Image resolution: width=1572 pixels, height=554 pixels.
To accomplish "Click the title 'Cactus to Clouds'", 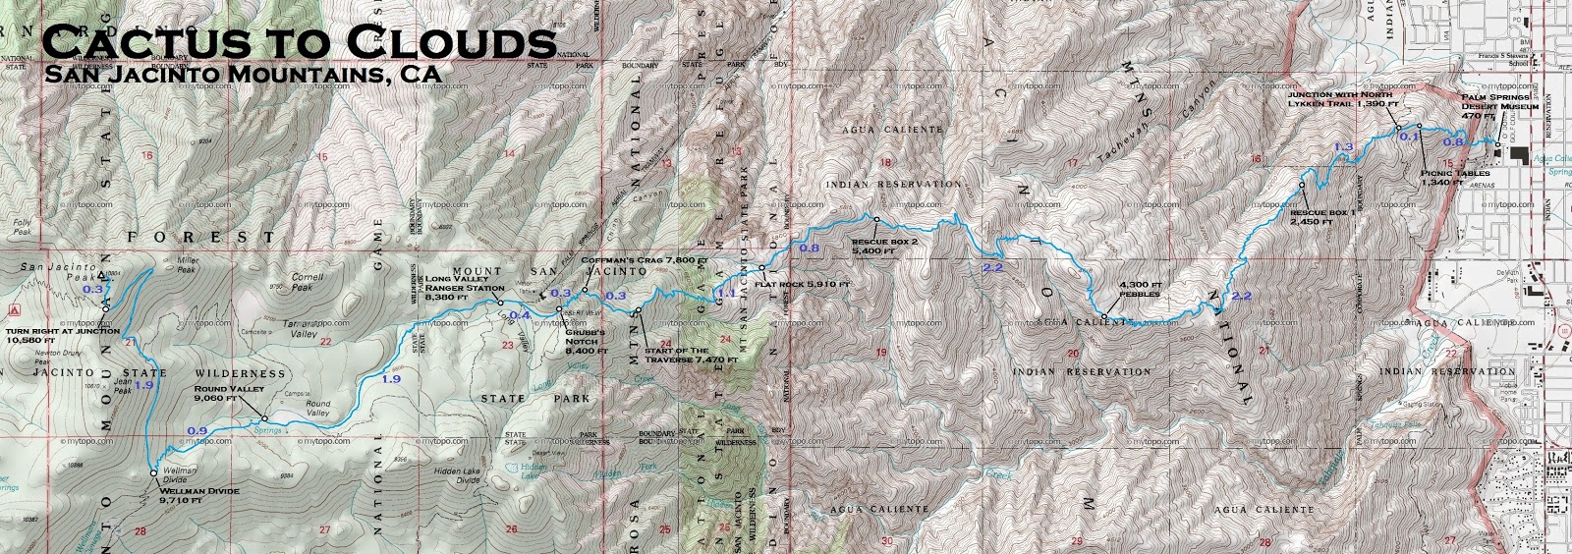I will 300,42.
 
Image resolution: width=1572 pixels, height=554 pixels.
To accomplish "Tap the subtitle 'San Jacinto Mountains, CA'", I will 242,75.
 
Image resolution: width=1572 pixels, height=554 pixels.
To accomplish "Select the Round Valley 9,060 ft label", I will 229,394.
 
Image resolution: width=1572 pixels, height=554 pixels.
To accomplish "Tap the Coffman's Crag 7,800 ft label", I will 645,260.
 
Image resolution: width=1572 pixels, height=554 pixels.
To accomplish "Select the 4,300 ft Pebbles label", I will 1139,289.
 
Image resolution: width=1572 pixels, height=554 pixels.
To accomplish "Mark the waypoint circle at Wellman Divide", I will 153,473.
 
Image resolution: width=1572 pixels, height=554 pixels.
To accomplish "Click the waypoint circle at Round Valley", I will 264,419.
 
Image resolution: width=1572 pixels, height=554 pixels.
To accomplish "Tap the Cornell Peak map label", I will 308,283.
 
